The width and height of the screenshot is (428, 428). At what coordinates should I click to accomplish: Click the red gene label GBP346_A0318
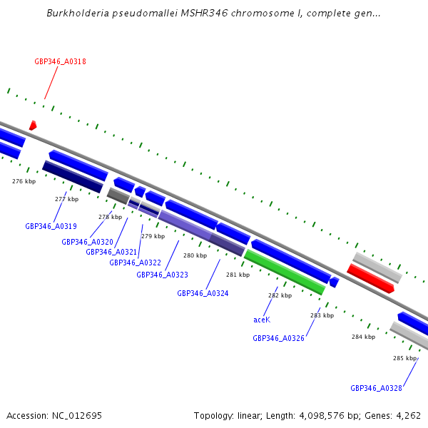coord(60,61)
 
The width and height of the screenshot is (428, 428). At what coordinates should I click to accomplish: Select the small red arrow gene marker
coord(32,126)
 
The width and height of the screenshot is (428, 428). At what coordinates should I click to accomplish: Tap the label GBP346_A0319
coord(51,226)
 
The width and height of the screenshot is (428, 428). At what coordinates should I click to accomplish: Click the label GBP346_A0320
coord(87,242)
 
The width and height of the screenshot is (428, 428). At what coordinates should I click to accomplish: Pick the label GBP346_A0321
coord(111,252)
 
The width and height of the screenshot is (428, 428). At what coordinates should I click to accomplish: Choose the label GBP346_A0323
coord(162,275)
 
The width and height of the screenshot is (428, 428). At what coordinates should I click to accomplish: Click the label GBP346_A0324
coord(203,293)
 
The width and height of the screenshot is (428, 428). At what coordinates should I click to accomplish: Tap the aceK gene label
coord(262,320)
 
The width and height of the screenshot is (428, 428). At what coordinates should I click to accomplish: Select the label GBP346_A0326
coord(278,338)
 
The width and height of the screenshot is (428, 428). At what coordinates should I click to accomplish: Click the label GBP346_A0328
coord(376,388)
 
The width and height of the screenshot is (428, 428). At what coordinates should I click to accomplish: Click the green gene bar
coord(284,272)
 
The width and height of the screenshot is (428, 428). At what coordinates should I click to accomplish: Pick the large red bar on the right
coord(370,278)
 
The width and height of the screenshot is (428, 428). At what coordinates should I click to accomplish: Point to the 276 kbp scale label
coord(24,181)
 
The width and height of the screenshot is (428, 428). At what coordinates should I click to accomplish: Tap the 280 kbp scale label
coord(195,255)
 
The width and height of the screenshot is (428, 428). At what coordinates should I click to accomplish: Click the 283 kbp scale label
coord(322,315)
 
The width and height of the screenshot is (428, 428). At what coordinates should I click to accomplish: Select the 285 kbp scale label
coord(404,358)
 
